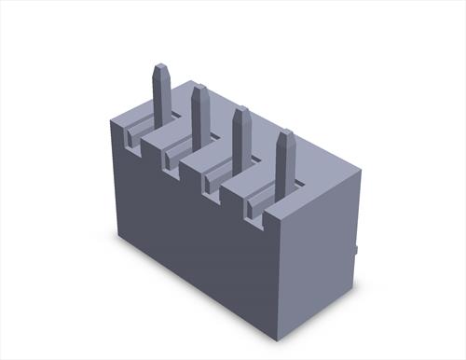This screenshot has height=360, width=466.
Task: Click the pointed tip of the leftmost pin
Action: point(160,67)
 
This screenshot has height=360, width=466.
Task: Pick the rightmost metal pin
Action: point(285,162)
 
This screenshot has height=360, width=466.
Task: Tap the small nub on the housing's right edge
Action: point(358,250)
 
